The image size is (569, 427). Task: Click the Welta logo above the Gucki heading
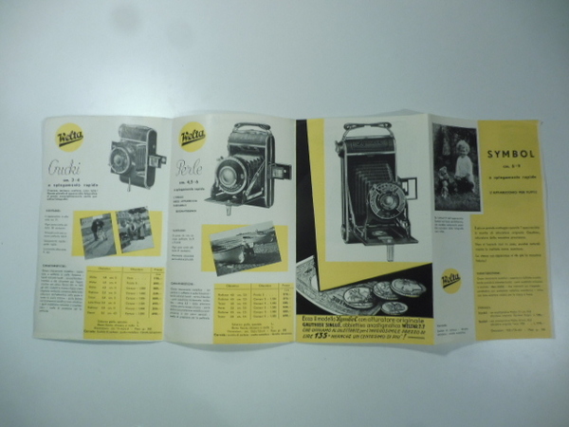click(x=69, y=138)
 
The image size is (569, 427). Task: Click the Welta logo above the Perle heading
click(x=193, y=136)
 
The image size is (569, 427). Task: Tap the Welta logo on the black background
click(x=451, y=279)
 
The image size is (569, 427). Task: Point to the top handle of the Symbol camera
click(x=367, y=125)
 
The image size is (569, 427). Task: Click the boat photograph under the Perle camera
click(x=245, y=249)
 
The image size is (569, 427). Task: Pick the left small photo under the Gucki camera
click(x=97, y=232)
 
